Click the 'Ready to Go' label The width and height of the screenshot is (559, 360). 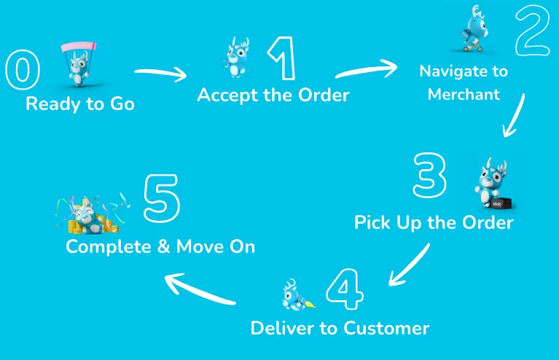pyautogui.click(x=80, y=104)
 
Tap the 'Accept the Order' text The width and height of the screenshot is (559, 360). pyautogui.click(x=273, y=95)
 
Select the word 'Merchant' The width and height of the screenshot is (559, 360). pyautogui.click(x=464, y=95)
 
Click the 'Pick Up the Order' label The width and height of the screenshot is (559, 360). pyautogui.click(x=434, y=222)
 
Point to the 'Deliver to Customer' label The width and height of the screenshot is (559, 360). pyautogui.click(x=340, y=328)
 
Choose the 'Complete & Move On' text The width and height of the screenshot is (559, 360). pyautogui.click(x=160, y=246)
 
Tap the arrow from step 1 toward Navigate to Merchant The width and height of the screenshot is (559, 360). pyautogui.click(x=367, y=70)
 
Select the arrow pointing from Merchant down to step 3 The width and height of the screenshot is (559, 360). pyautogui.click(x=515, y=117)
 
